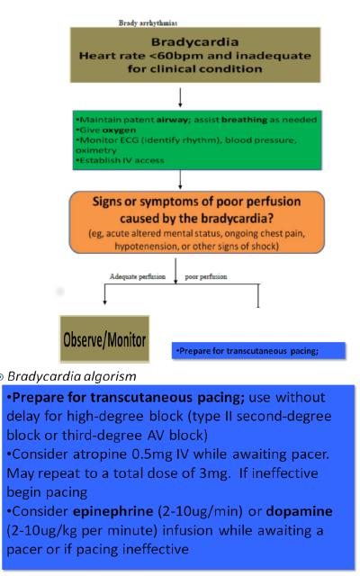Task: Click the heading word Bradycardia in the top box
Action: (194, 42)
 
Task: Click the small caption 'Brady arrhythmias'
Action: (148, 22)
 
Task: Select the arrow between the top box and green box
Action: (180, 97)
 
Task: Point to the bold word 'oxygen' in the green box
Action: (119, 130)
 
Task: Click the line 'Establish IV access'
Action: (120, 160)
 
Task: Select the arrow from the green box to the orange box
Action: (180, 180)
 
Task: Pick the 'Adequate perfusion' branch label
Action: (138, 276)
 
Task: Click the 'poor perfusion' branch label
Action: (206, 276)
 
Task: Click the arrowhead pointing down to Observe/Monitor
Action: (105, 302)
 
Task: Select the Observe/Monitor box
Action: (104, 339)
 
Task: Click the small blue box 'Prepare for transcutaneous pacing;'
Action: (258, 351)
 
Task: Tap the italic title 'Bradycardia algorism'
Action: (72, 376)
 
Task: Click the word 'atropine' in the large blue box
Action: (98, 454)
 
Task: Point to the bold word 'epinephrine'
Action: (113, 512)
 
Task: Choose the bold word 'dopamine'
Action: (300, 512)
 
